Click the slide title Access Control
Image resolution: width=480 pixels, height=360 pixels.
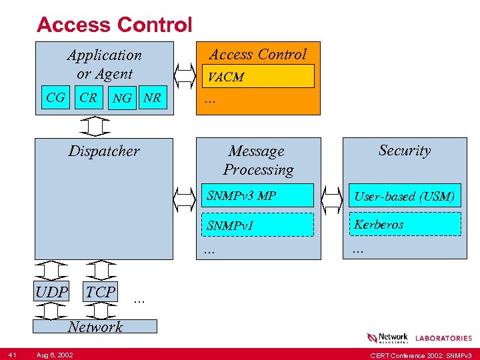pos(114,25)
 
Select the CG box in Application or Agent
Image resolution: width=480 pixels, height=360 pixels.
pos(56,98)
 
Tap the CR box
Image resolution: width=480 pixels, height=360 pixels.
pos(88,98)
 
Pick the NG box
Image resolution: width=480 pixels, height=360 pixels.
pos(122,99)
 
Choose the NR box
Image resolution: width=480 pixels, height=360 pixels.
pos(152,98)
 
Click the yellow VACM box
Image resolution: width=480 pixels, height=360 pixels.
pos(258,77)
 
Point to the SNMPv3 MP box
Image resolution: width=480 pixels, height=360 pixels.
pos(259,196)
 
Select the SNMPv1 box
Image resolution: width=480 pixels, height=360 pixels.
pos(259,225)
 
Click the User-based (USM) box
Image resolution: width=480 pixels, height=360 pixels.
pos(405,196)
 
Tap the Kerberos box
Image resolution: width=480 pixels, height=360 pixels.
pos(405,225)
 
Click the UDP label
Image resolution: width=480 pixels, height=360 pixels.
pos(52,292)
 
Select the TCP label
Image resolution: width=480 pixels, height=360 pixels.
pos(101,291)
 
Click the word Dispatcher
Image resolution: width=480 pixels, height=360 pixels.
pos(104,151)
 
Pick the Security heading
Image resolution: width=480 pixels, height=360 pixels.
pos(405,151)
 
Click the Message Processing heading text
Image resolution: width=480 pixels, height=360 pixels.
pos(257,161)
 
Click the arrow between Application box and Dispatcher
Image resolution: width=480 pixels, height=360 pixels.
pos(99,125)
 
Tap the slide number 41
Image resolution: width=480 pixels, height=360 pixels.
pos(13,355)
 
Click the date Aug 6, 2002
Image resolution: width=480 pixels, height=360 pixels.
pos(55,355)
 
